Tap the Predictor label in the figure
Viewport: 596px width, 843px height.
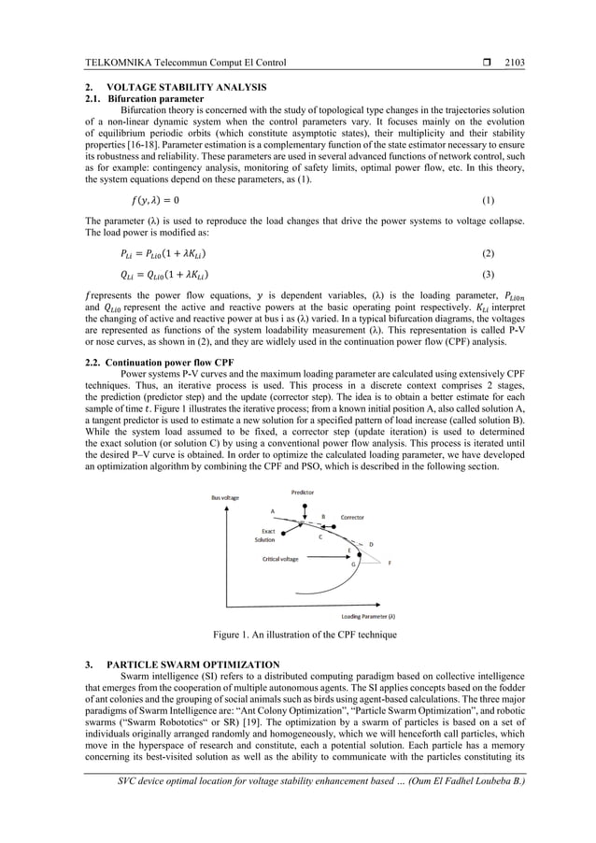point(302,492)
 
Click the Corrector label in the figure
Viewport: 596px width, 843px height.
point(352,516)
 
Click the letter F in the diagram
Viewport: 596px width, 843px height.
point(390,564)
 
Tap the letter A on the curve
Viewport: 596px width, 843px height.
point(273,511)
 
